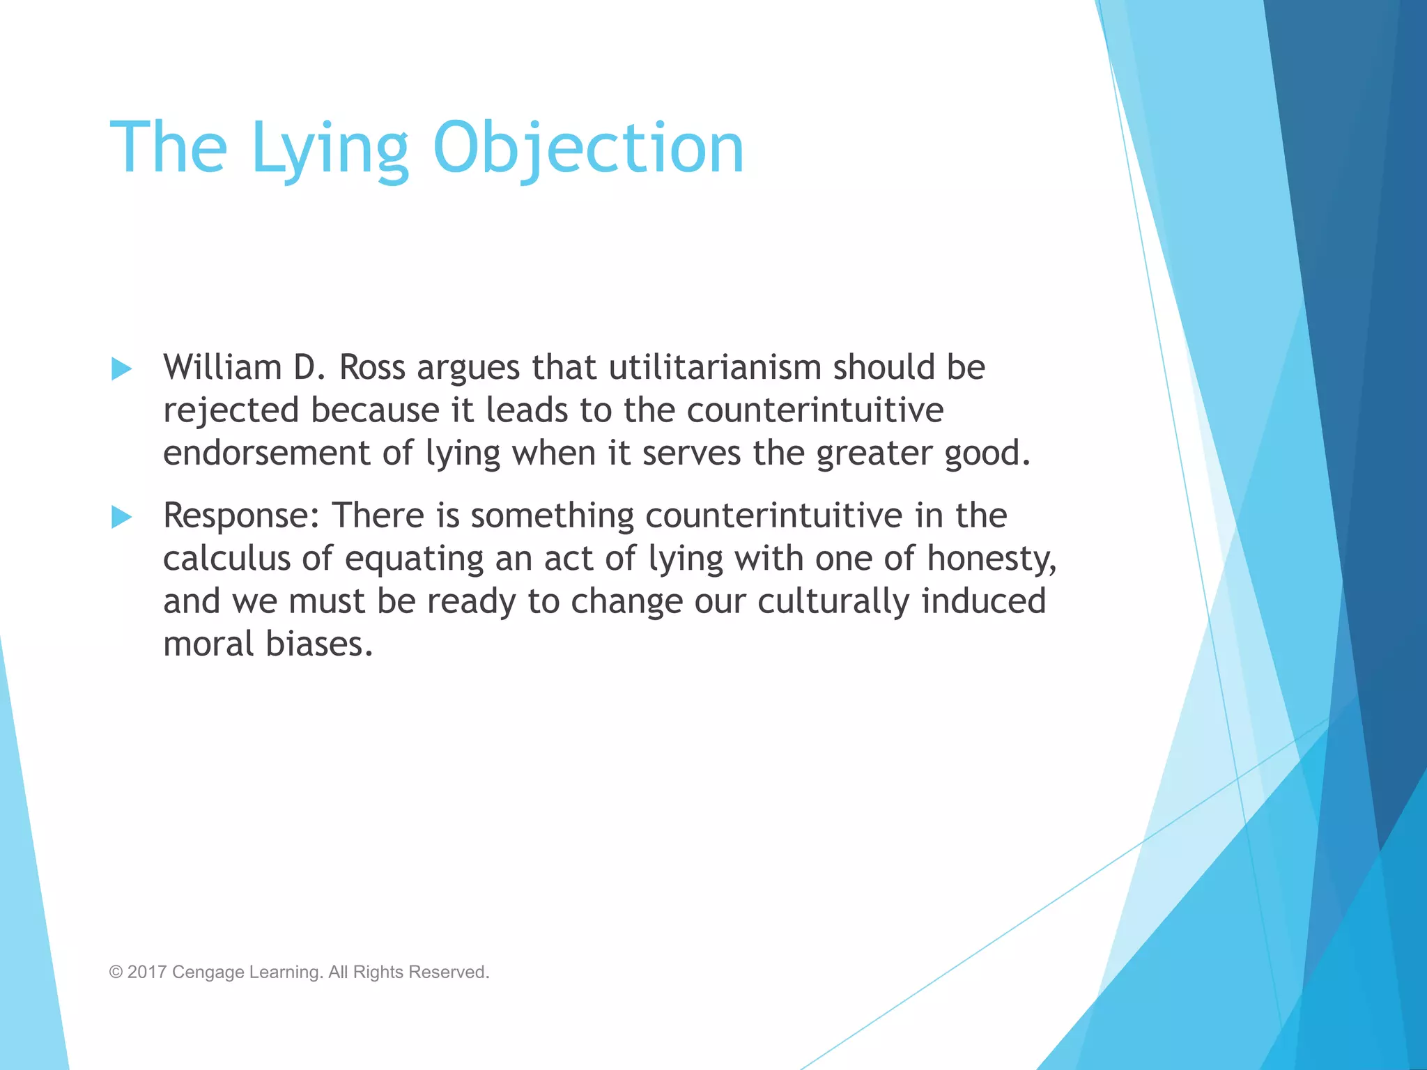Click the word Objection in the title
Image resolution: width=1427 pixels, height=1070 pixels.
pos(588,148)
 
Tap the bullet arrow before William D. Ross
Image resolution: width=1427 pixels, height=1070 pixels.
pos(121,369)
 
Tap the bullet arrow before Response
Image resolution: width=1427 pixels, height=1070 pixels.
pos(121,517)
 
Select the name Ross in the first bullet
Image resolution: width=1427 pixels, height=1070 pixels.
pos(371,367)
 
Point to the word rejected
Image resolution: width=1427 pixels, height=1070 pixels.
pos(231,410)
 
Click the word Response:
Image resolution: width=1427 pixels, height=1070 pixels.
pos(241,516)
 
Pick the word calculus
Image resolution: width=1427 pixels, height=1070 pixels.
pos(226,559)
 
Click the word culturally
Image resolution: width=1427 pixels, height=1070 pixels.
pos(833,602)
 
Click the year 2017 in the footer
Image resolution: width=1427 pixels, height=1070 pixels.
pos(147,972)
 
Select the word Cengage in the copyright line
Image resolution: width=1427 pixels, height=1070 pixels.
pos(208,972)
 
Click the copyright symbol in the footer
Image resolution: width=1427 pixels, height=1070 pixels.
pos(116,972)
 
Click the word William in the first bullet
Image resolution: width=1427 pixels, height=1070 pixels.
pos(222,367)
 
